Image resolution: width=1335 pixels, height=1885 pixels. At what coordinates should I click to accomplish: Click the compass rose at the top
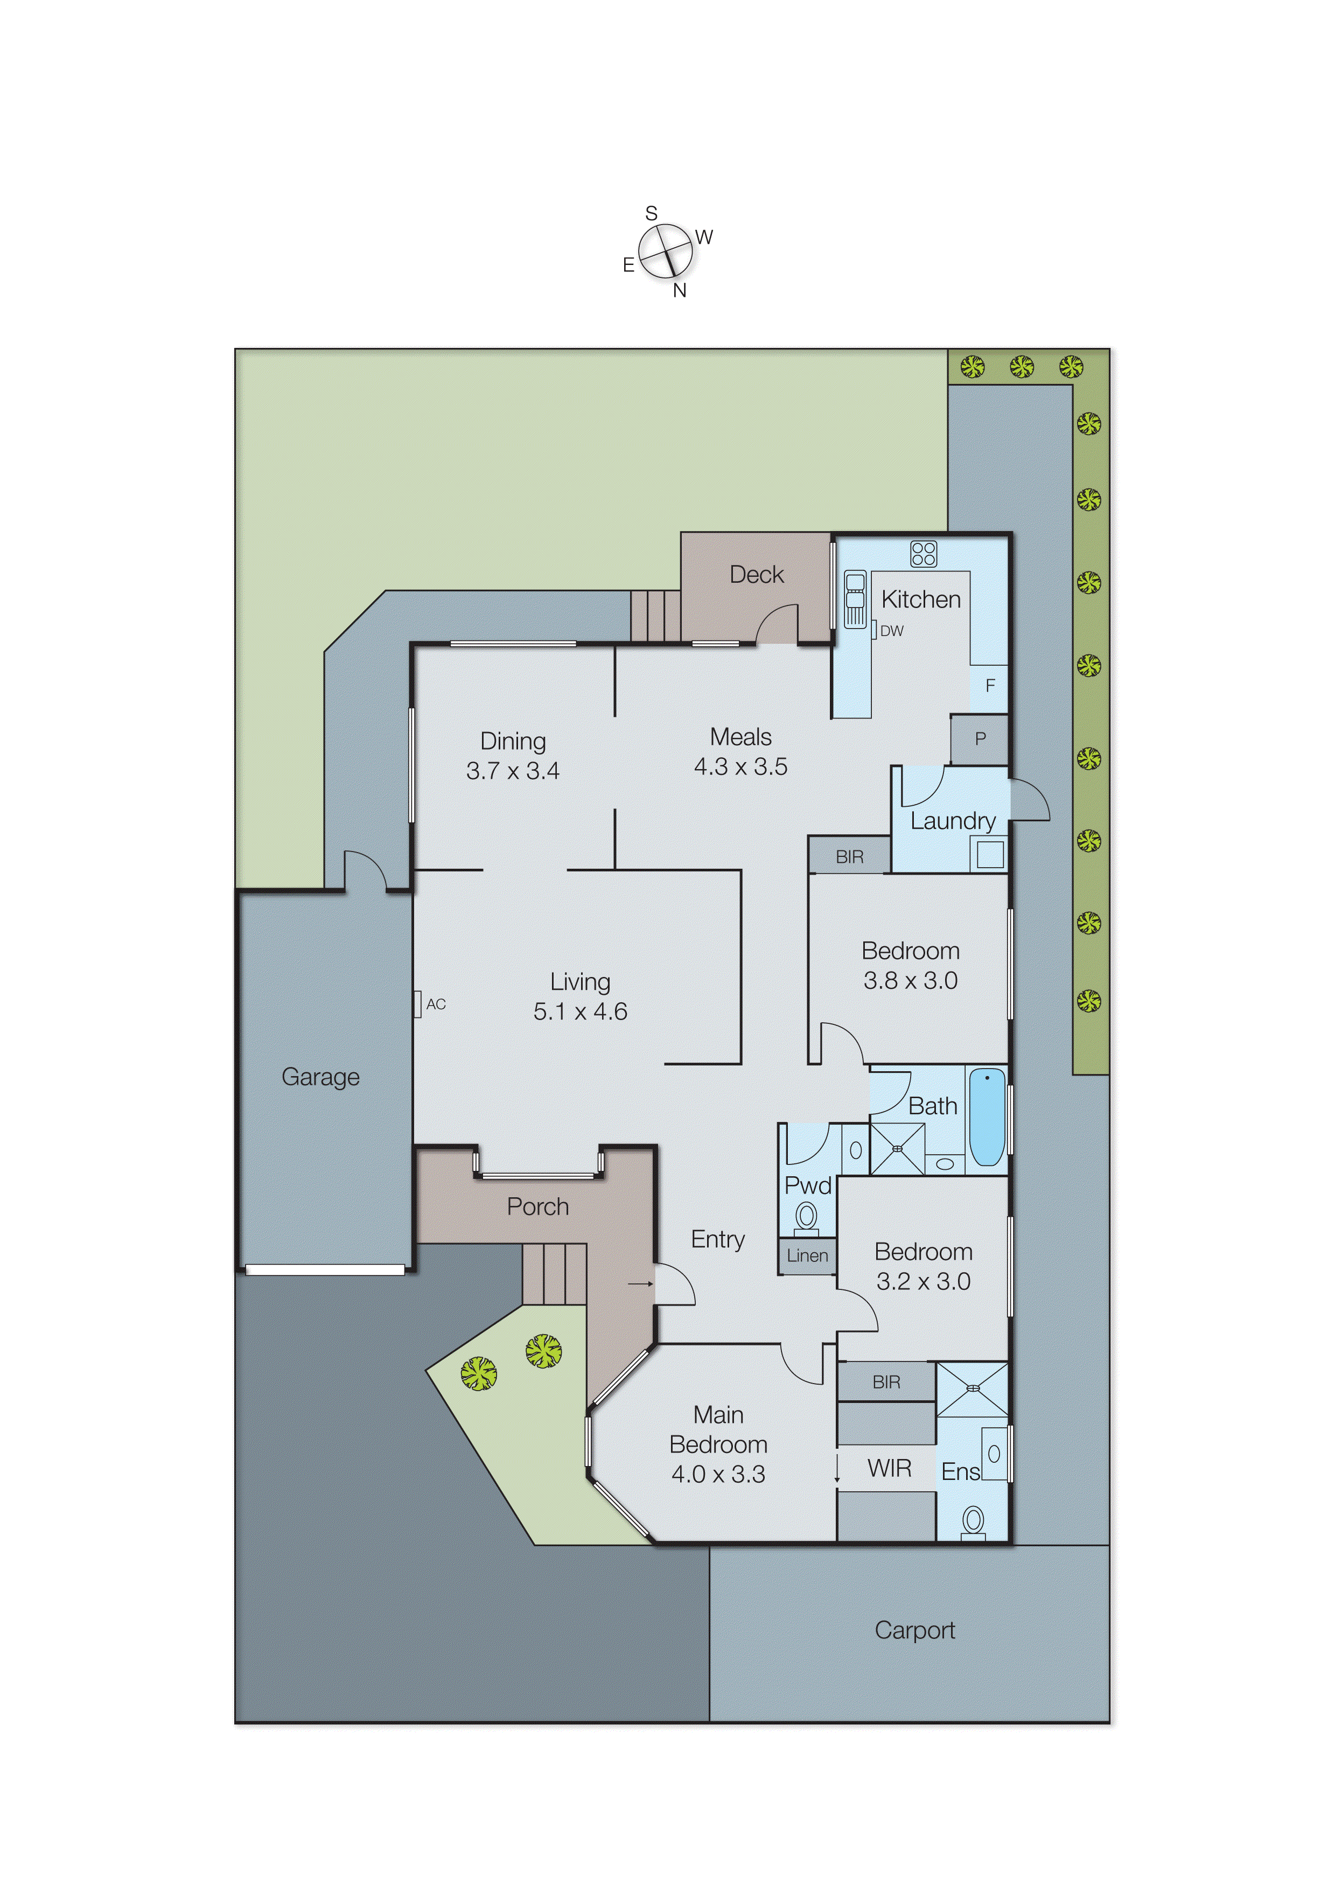tap(665, 251)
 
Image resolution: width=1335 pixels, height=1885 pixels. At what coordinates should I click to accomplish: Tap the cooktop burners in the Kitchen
tap(923, 553)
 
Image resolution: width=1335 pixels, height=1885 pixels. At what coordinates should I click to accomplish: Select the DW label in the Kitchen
tap(891, 631)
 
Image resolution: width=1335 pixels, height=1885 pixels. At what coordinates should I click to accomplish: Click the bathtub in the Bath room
tap(987, 1117)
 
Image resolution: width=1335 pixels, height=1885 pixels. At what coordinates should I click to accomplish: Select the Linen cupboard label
tap(807, 1256)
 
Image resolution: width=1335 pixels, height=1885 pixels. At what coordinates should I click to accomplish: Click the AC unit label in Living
tap(436, 1004)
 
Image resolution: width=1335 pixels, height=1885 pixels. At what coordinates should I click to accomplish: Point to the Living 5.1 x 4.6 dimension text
tap(581, 1012)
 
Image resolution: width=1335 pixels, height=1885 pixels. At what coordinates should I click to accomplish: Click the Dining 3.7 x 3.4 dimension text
tap(513, 771)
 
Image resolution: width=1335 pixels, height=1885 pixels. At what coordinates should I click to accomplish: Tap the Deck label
tap(756, 575)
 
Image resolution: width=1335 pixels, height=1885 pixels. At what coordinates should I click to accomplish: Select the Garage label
tap(320, 1077)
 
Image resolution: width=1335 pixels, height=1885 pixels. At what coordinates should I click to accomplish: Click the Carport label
tap(914, 1631)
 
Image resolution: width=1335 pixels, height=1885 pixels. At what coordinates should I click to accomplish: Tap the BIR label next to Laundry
tap(849, 857)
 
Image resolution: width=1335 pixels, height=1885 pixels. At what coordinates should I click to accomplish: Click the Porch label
tap(537, 1207)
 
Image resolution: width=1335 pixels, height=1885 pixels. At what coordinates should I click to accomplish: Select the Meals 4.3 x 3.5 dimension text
tap(740, 767)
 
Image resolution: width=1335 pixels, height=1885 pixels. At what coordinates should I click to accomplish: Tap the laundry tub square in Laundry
tap(990, 855)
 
